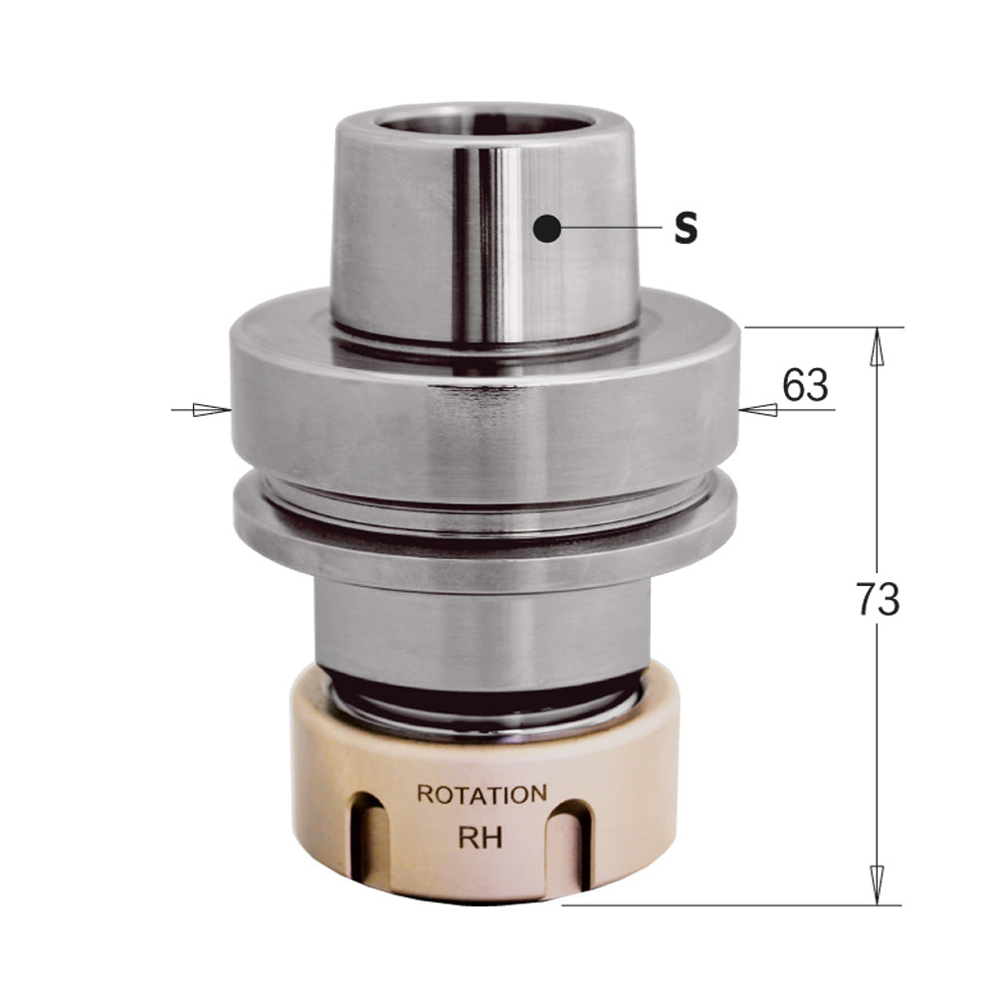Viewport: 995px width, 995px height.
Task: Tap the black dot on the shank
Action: [546, 229]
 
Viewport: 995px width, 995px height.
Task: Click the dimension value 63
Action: [805, 385]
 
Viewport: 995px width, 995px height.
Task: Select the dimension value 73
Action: [877, 600]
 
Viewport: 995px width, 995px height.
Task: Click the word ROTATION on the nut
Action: [481, 795]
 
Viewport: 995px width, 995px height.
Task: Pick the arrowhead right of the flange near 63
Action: [758, 409]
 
